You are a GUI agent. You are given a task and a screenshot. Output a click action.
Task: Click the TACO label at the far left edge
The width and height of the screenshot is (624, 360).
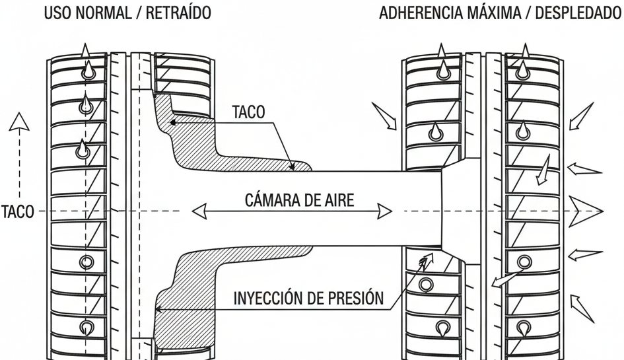pos(17,212)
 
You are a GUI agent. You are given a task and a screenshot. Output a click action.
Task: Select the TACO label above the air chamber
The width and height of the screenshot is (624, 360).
pos(248,112)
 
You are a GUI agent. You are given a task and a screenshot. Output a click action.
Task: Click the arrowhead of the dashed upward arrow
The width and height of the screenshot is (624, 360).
pos(20,121)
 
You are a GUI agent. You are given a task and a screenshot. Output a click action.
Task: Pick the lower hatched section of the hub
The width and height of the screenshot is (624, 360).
pos(191,291)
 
